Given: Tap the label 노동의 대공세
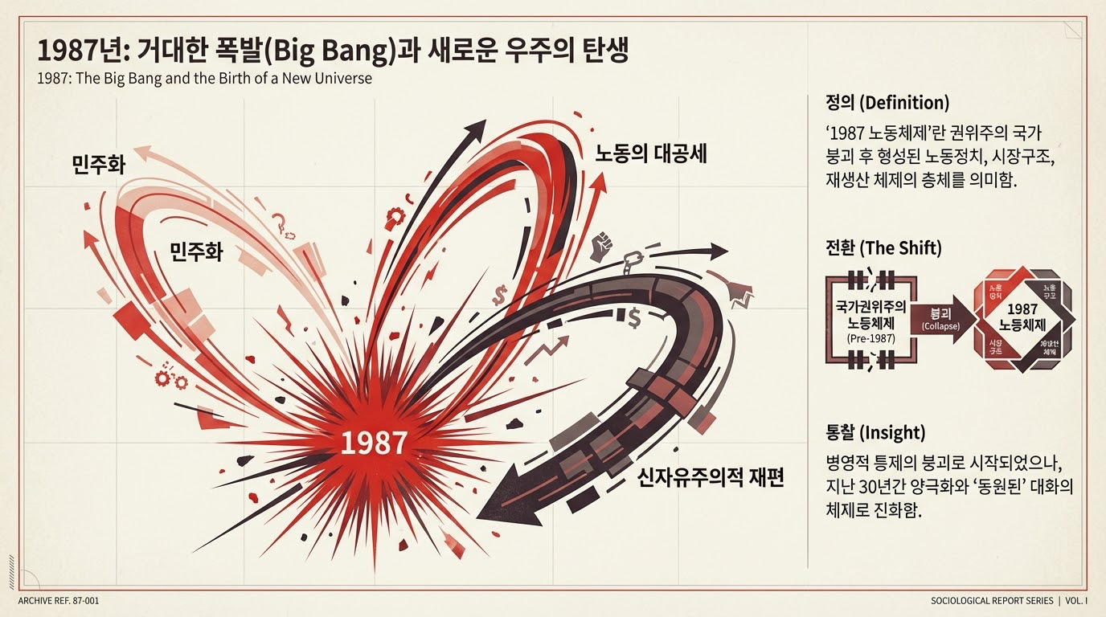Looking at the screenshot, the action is click(651, 154).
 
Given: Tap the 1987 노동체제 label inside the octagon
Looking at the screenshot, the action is click(1022, 318).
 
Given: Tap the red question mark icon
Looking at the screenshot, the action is click(281, 222).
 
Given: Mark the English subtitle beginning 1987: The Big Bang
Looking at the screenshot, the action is click(205, 80).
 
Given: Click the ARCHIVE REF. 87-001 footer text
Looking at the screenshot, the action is click(59, 601).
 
